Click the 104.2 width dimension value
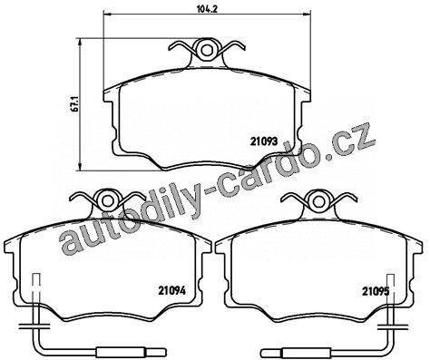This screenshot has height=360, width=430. [208, 8]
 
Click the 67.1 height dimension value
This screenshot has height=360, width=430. [75, 104]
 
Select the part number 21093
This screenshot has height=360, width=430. [264, 141]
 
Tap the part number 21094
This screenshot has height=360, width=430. [171, 291]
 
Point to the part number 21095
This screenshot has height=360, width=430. [376, 291]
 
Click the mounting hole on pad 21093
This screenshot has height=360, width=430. [207, 50]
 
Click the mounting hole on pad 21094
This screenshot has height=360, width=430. [106, 201]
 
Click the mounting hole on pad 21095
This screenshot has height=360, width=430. [318, 201]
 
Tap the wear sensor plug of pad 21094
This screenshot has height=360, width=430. [131, 353]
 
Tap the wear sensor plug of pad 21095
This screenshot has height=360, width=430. [296, 353]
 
